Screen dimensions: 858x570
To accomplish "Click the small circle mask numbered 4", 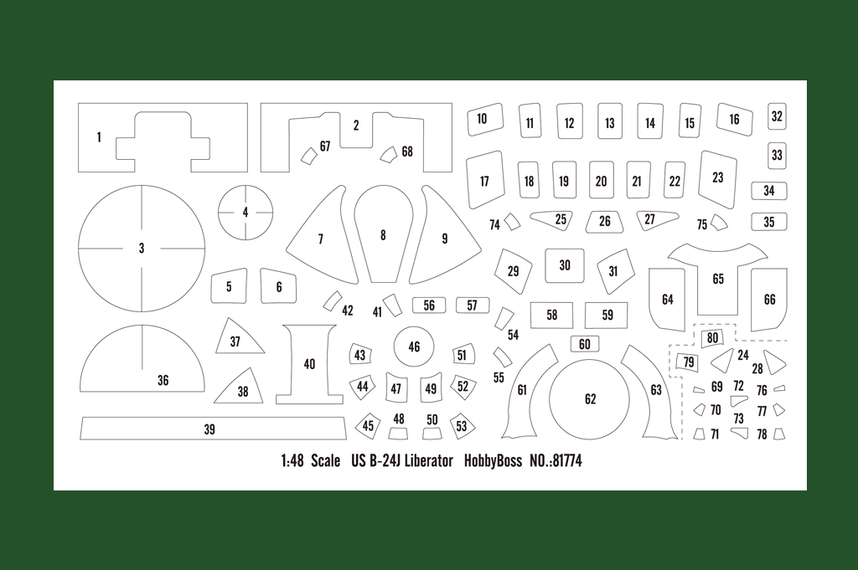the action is click(x=246, y=212).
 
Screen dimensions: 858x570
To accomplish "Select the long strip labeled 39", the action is click(x=213, y=429).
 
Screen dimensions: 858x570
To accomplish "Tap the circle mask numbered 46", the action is click(x=414, y=347).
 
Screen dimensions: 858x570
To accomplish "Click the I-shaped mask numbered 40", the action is click(x=309, y=364).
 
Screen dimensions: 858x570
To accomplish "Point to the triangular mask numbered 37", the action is click(x=236, y=336).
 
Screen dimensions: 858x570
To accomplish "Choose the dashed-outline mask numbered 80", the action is click(x=712, y=337).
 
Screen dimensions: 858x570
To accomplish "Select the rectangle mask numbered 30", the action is click(x=564, y=265).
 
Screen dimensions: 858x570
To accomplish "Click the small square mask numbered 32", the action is click(x=777, y=116).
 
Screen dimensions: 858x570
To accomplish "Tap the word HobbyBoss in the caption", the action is click(x=493, y=460).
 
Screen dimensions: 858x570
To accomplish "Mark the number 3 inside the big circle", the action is click(x=141, y=248).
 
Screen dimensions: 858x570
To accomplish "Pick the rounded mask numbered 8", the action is click(x=383, y=234).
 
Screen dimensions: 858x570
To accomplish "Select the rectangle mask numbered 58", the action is click(x=551, y=316).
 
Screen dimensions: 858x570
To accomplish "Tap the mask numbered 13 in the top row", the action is click(x=610, y=121).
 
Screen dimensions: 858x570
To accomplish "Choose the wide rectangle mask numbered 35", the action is click(x=769, y=222).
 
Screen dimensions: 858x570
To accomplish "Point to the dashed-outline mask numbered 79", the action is click(x=688, y=362).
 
